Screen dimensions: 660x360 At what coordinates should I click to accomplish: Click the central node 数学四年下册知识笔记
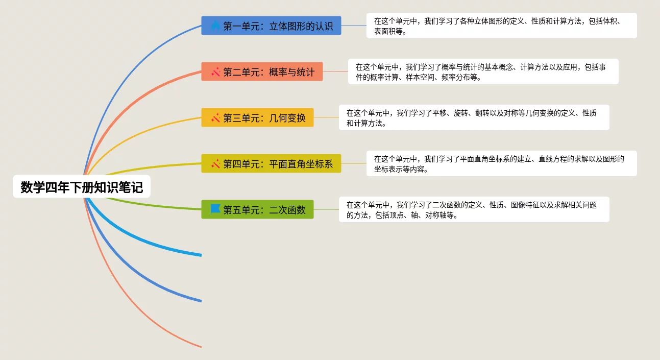(82, 187)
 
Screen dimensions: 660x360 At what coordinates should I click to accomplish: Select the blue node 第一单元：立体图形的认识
(271, 26)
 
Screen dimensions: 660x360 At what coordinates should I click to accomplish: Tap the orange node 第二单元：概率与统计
(262, 71)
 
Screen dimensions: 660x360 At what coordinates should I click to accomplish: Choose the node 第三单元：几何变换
(257, 117)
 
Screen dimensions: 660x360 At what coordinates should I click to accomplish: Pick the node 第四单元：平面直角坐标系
(271, 163)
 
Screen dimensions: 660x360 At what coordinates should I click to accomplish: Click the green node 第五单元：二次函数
(257, 209)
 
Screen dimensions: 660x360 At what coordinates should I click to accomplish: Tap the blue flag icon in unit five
(215, 209)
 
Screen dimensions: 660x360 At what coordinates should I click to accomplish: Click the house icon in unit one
(215, 25)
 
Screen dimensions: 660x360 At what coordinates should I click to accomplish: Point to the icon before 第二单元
(215, 71)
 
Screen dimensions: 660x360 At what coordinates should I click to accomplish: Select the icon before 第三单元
(215, 117)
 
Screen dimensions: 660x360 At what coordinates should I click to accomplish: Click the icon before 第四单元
(215, 163)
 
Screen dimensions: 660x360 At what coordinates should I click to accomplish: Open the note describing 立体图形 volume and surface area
(501, 26)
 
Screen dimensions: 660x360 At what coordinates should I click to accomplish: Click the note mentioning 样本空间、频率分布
(483, 71)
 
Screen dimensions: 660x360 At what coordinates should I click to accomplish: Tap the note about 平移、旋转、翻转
(474, 117)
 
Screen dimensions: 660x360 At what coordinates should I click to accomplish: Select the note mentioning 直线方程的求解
(501, 163)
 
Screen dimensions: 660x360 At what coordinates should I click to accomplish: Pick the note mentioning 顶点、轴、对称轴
(474, 209)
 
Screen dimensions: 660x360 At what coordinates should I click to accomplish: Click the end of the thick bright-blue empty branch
(200, 254)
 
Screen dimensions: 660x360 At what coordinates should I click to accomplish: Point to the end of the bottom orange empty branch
(200, 347)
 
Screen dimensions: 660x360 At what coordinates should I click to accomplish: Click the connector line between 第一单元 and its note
(354, 26)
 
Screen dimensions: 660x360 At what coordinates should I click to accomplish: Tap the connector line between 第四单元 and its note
(354, 163)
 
